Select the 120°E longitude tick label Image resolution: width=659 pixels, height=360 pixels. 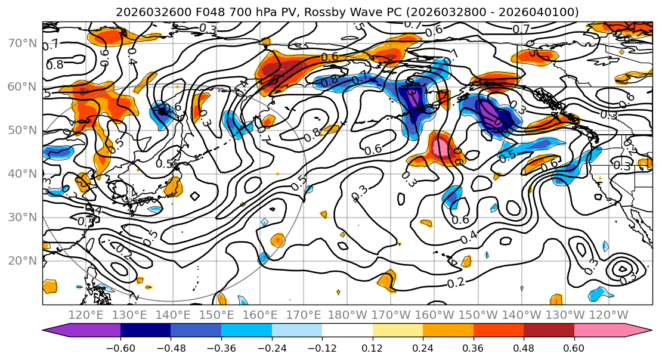[x=86, y=315]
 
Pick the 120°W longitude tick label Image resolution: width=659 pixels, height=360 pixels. [x=609, y=315]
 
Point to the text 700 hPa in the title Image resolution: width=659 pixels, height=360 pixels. [x=249, y=12]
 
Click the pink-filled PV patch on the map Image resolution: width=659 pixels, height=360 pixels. [x=444, y=147]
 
